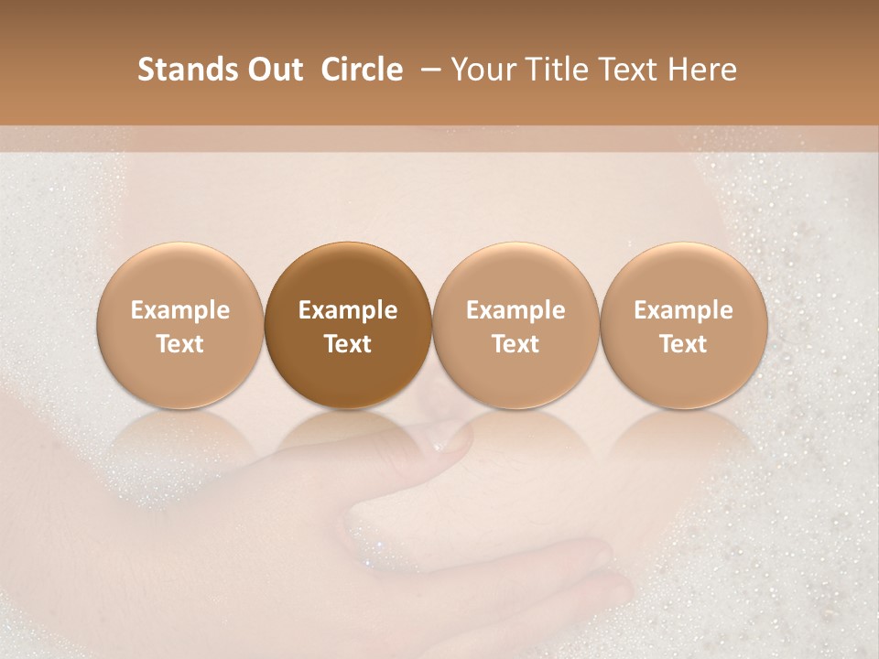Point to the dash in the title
[x=427, y=70]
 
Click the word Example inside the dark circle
[x=348, y=310]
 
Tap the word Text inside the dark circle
[x=348, y=344]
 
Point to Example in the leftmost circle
[x=180, y=310]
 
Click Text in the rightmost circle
[x=684, y=344]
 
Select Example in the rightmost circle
[x=684, y=310]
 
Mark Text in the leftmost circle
[x=180, y=344]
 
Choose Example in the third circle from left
[x=515, y=310]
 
